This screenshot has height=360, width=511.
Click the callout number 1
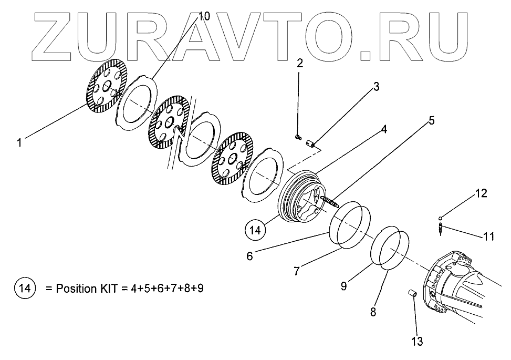19,142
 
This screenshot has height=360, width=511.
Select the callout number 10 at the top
203,16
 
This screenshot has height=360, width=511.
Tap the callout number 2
299,64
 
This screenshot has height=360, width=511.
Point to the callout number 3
376,87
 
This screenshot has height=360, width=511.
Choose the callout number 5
431,120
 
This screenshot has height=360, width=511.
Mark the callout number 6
250,256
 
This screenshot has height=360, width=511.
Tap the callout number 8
373,312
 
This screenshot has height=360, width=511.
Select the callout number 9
343,286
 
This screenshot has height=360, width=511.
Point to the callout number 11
488,236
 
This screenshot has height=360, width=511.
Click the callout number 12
481,193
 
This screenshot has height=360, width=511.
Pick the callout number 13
416,342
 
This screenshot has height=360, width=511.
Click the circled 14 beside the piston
255,230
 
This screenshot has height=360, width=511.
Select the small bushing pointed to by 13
412,294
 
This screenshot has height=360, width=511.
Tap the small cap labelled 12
440,218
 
